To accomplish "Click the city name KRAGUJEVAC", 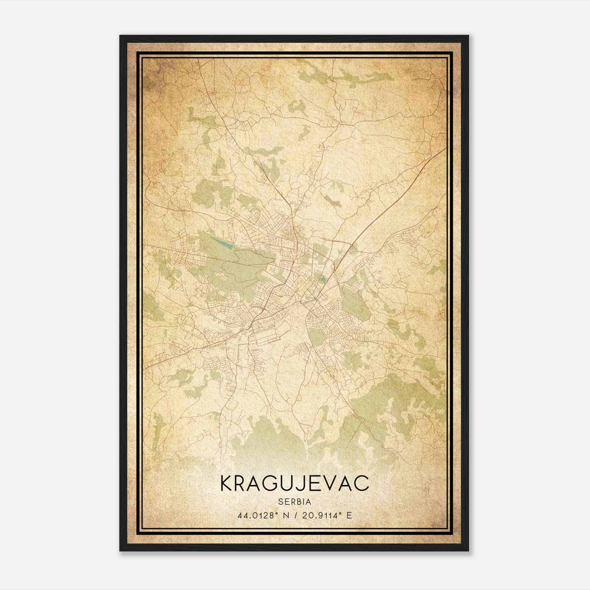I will pyautogui.click(x=294, y=483).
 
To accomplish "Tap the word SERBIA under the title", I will pyautogui.click(x=295, y=502).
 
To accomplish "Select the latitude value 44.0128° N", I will pyautogui.click(x=263, y=515).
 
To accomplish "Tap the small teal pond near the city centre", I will pyautogui.click(x=323, y=280).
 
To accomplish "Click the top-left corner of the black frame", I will pyautogui.click(x=121, y=36).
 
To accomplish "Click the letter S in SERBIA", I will pyautogui.click(x=280, y=502).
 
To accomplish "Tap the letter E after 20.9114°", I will pyautogui.click(x=349, y=515).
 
